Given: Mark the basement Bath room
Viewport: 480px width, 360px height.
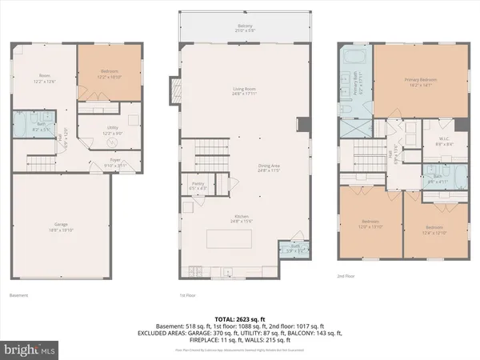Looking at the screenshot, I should (26, 126).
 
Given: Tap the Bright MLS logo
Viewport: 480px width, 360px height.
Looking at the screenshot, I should (31, 349).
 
